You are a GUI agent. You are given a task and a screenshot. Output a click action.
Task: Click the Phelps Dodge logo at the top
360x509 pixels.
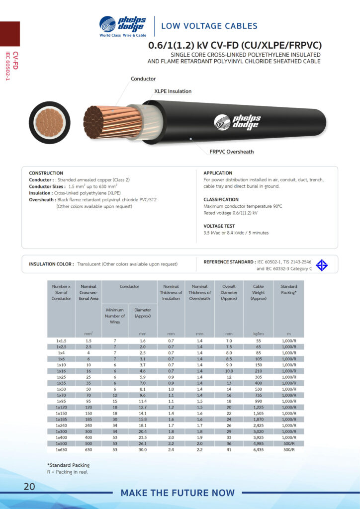point(122,26)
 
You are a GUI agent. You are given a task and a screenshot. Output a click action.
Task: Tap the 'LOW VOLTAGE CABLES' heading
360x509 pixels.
point(209,26)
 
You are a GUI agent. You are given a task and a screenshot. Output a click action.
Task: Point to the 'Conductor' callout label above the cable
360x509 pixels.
point(143,79)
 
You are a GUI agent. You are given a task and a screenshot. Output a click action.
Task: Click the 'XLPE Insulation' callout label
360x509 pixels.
point(173,91)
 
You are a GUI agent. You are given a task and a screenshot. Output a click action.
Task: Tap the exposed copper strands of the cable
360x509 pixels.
point(105,121)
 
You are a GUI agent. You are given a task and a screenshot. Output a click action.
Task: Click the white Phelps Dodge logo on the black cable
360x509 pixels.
point(237,121)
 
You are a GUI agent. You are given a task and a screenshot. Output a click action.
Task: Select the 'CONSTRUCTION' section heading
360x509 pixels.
point(46,173)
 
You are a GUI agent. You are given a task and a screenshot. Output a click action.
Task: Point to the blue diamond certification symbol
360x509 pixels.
point(322,265)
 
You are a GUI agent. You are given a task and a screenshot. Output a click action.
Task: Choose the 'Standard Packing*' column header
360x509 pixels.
point(288,289)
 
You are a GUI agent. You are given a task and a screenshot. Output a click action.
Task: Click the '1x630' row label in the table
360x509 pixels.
point(61,450)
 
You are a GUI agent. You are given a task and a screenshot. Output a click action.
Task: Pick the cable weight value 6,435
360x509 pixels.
point(258,450)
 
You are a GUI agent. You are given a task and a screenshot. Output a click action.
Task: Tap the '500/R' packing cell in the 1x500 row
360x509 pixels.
point(288,443)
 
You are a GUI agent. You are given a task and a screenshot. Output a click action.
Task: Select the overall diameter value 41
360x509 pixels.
point(229,450)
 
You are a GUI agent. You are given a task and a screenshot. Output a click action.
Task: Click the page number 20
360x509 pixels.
point(29,487)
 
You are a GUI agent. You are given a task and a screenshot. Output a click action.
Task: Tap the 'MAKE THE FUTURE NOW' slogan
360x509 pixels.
point(178,493)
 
